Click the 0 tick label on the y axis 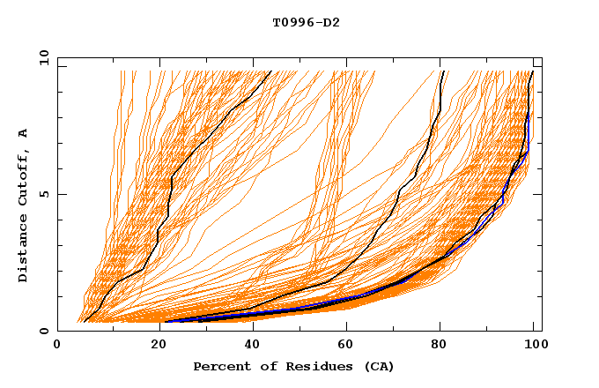(44, 331)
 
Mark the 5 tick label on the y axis (44, 194)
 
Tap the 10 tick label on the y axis (41, 57)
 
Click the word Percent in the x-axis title (221, 366)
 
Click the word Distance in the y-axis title (23, 251)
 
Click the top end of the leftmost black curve (270, 71)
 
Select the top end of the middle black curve (442, 71)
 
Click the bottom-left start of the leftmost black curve (84, 322)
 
